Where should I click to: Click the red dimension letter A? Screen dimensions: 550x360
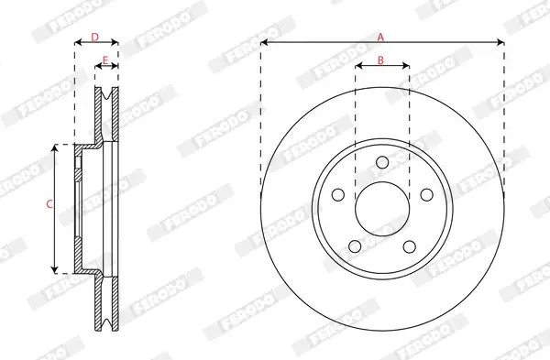[380, 37]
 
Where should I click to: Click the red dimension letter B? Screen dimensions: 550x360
[380, 60]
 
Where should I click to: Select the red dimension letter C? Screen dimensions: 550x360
[49, 203]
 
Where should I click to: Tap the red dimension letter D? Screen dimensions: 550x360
[95, 37]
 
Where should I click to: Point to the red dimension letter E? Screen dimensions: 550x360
[105, 60]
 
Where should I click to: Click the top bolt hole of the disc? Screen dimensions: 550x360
[382, 163]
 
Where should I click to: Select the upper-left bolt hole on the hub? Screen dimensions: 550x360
[337, 195]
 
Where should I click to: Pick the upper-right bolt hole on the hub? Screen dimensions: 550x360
[426, 195]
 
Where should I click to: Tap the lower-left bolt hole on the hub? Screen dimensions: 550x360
[355, 246]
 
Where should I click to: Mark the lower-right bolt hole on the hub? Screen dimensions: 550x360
[410, 246]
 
